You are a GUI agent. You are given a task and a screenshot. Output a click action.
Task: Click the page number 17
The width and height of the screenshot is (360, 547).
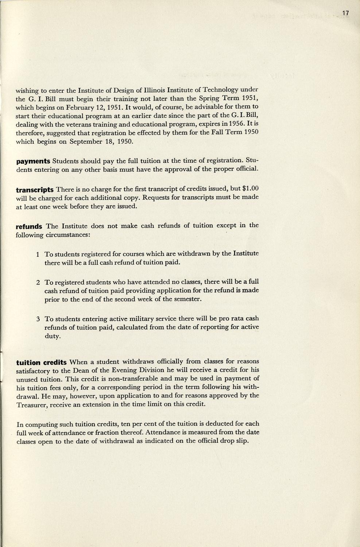click(346, 13)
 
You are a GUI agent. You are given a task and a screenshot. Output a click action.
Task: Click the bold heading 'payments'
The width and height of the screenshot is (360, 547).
click(33, 161)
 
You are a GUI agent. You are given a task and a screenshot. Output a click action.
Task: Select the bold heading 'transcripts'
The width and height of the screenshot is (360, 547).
click(35, 190)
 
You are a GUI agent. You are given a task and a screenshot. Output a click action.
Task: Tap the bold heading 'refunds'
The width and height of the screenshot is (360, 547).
click(29, 226)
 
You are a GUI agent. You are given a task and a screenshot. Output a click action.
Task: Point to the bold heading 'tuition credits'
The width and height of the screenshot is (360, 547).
click(41, 362)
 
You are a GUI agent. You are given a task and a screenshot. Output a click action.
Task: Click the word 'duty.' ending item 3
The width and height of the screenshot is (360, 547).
click(53, 336)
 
